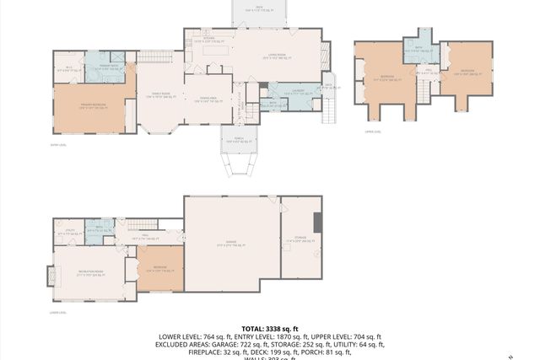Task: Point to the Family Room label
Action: (x=160, y=95)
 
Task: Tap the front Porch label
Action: (x=240, y=141)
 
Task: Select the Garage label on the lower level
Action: (x=231, y=244)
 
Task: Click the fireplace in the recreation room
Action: (x=49, y=276)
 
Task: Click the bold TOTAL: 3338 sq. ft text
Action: (x=270, y=328)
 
